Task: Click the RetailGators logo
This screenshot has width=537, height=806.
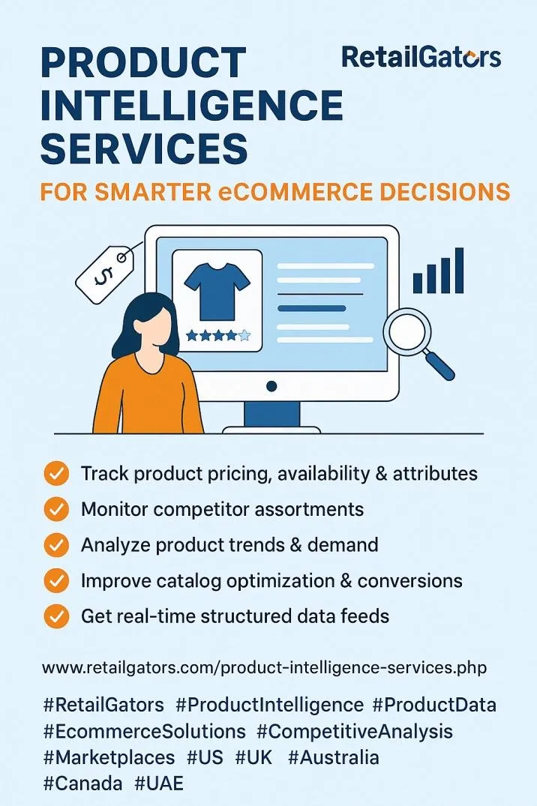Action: tap(421, 57)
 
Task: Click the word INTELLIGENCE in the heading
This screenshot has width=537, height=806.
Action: tap(191, 105)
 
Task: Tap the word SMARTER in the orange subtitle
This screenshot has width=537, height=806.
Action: tap(153, 192)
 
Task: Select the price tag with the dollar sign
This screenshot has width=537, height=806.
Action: tap(106, 273)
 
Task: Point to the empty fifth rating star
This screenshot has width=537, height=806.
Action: tap(244, 336)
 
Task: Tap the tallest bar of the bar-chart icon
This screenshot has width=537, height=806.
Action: tap(459, 271)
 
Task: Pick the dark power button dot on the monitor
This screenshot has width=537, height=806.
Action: tap(271, 386)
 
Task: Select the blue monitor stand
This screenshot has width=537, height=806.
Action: tap(271, 415)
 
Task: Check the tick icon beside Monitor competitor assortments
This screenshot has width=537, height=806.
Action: tap(56, 509)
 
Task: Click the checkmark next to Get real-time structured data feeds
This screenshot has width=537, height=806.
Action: tap(56, 616)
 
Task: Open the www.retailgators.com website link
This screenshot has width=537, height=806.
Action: tap(265, 668)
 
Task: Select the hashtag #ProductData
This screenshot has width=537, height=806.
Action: tap(435, 705)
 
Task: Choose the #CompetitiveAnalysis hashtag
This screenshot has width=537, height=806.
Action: tap(355, 732)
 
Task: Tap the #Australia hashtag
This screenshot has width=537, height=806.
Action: tap(333, 758)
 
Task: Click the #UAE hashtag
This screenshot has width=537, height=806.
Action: tap(159, 784)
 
